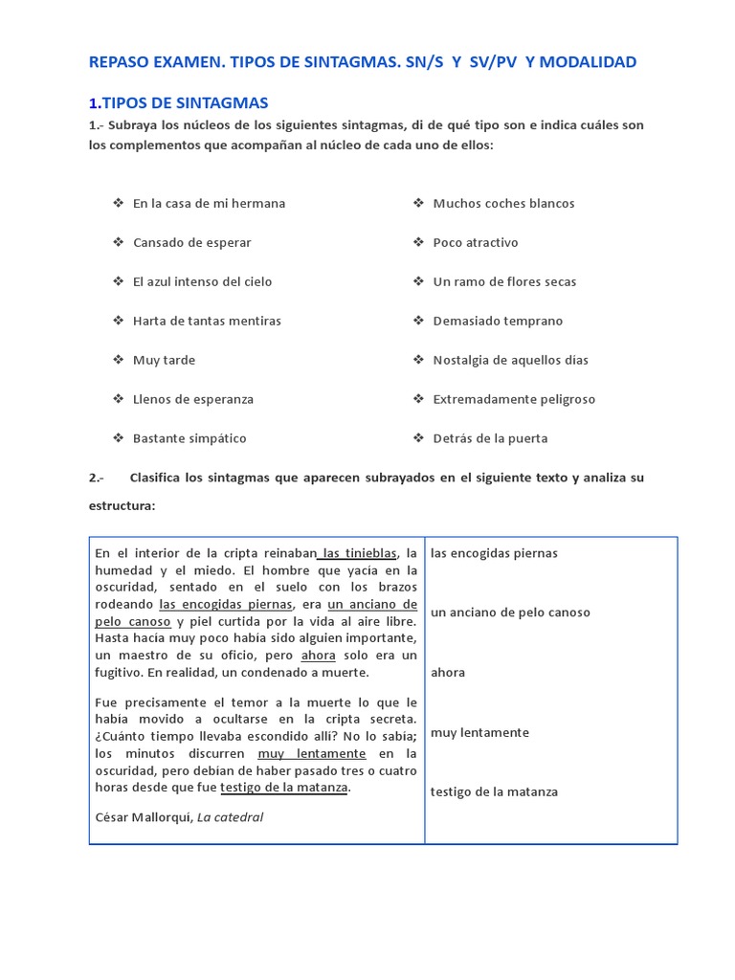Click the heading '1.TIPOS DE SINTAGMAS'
tap(178, 102)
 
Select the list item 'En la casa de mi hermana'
tap(209, 203)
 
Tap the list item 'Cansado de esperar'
tap(191, 242)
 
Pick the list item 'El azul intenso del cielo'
tap(202, 281)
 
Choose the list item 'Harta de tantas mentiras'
tap(207, 321)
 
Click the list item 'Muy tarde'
tap(164, 360)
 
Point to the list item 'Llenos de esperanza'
tap(193, 399)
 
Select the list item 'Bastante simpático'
tap(189, 438)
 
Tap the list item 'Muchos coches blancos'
tap(503, 203)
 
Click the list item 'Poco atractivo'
tap(475, 242)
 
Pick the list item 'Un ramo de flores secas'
tap(504, 281)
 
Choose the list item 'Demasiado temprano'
tap(498, 321)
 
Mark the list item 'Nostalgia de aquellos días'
tap(510, 360)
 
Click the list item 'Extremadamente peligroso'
tap(514, 399)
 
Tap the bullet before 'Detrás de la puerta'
tap(418, 438)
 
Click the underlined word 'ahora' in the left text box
tap(318, 656)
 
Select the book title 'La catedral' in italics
tap(230, 816)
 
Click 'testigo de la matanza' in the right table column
tap(494, 791)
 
